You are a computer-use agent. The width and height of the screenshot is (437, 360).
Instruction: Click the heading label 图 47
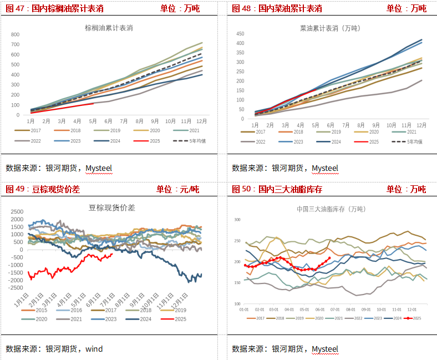[16, 8]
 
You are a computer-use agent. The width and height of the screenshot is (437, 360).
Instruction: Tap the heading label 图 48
[242, 8]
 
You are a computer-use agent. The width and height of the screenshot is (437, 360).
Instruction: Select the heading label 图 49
[16, 189]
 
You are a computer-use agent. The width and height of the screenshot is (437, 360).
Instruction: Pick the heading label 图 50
[242, 189]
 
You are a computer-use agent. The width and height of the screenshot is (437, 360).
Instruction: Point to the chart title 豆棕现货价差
[112, 208]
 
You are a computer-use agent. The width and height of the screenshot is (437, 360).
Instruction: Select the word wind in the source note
[94, 349]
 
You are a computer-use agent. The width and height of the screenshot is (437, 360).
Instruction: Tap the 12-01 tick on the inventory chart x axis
[411, 309]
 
